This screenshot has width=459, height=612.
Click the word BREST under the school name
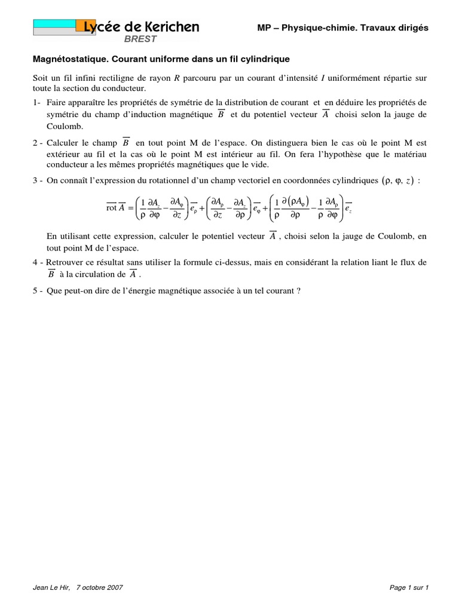click(x=140, y=39)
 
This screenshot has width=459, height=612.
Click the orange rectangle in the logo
click(x=84, y=26)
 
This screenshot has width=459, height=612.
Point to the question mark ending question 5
click(x=298, y=291)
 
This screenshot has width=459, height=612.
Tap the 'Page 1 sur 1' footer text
click(x=409, y=587)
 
